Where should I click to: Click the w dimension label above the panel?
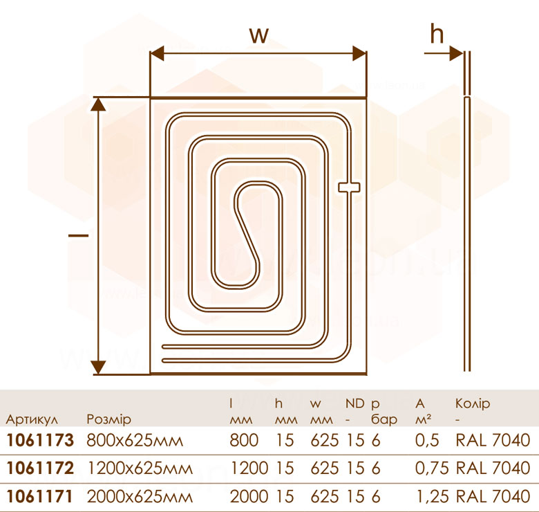tap(259, 35)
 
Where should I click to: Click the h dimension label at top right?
tap(437, 35)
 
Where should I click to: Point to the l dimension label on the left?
tap(79, 235)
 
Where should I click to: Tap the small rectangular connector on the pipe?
tap(349, 187)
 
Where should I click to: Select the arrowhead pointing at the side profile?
tap(457, 53)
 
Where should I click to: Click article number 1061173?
tap(40, 440)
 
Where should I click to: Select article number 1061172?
tap(40, 468)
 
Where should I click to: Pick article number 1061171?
tap(40, 496)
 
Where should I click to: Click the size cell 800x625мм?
tap(135, 441)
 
